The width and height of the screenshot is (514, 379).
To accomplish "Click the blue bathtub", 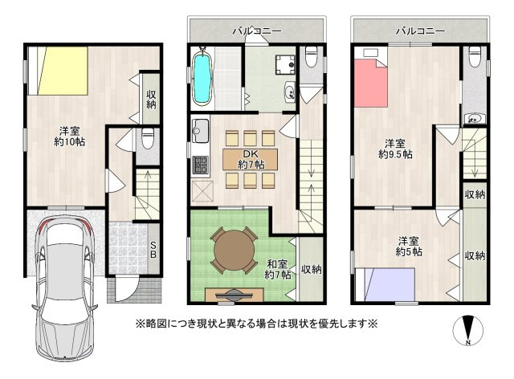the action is [202, 78].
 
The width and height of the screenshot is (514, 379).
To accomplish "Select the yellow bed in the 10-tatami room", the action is [63, 71].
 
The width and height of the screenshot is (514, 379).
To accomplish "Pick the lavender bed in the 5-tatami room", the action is [390, 284].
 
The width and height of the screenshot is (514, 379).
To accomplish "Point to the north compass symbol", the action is [468, 331].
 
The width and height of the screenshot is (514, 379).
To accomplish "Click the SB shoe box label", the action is [153, 249].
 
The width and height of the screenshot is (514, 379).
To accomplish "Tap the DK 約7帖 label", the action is [251, 159].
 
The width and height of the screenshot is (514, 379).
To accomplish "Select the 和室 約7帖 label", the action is [277, 269].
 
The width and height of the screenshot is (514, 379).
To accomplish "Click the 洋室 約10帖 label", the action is [69, 137].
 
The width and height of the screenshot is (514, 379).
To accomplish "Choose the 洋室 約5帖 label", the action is [409, 247].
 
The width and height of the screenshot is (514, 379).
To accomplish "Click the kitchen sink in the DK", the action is [200, 131].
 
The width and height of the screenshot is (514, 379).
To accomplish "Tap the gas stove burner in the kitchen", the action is [200, 165].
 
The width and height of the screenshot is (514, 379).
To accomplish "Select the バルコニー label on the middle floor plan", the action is [257, 31].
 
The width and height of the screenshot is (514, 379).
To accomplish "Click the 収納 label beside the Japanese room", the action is [311, 270].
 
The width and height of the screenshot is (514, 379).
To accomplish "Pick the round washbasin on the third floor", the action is [473, 119].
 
